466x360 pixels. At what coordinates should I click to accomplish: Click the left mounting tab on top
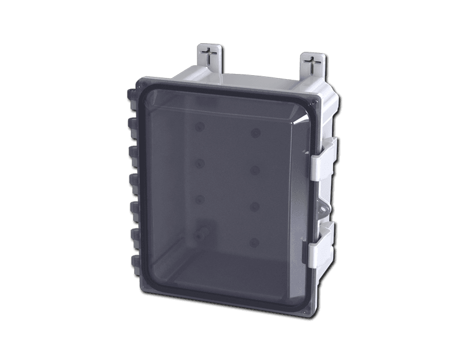pos(208,58)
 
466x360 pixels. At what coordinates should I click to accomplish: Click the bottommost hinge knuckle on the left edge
pos(133,263)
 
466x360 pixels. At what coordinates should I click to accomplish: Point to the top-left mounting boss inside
pos(199,126)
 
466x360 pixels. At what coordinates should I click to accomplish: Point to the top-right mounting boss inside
pos(255,133)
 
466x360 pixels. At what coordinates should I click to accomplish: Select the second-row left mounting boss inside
pos(199,163)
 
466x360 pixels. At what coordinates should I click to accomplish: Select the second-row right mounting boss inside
pos(255,170)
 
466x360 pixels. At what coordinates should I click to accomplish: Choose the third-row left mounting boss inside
pos(199,199)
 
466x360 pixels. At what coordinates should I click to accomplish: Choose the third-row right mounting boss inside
pos(255,206)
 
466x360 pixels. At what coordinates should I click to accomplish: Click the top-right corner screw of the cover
pos(315,104)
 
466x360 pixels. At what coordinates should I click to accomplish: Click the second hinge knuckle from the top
pos(131,125)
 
